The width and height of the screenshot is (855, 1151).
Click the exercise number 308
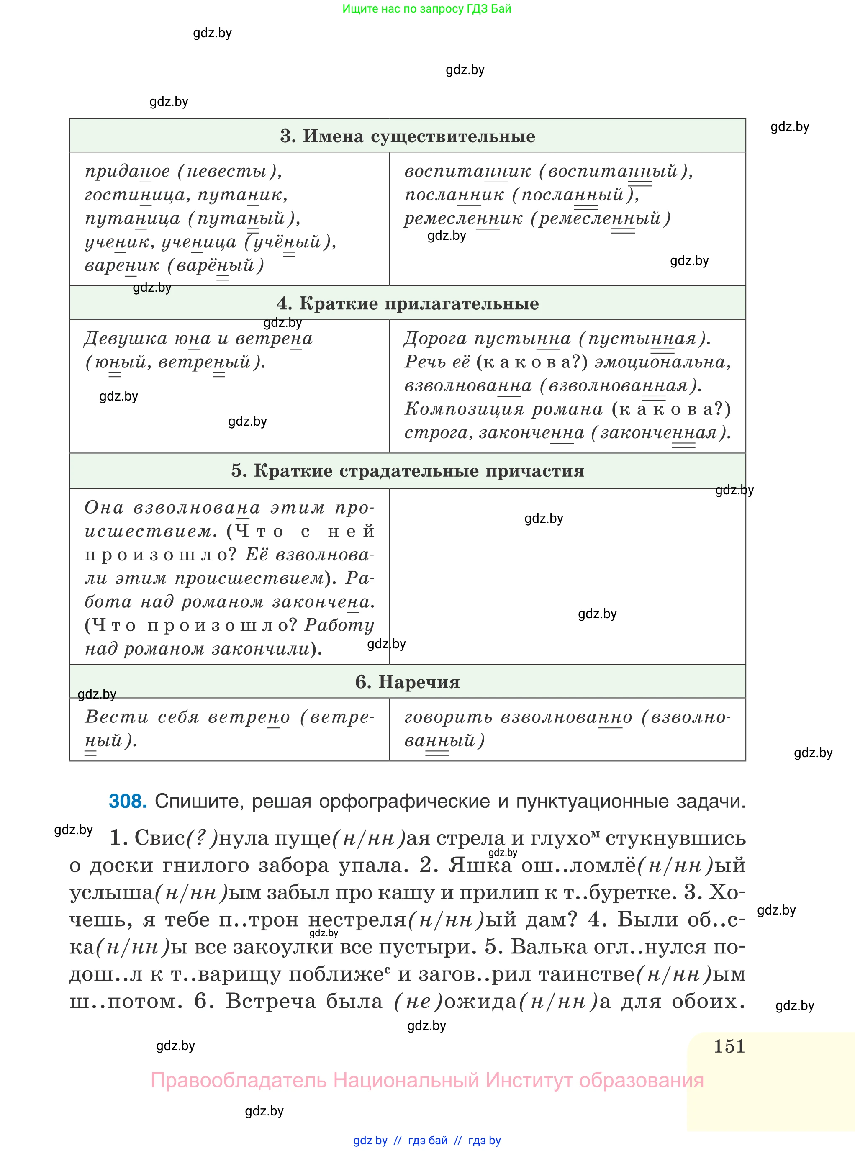(x=128, y=801)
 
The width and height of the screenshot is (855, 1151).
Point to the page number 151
(x=729, y=1046)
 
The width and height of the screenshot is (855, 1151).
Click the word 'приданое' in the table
(x=127, y=171)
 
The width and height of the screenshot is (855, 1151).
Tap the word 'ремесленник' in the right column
(x=463, y=218)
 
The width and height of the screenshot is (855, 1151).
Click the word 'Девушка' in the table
(x=126, y=339)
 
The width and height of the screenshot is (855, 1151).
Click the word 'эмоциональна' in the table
(x=662, y=362)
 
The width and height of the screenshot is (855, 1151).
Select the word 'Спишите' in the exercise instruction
(x=197, y=801)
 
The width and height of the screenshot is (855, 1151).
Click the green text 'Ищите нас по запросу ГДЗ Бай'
(x=426, y=9)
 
